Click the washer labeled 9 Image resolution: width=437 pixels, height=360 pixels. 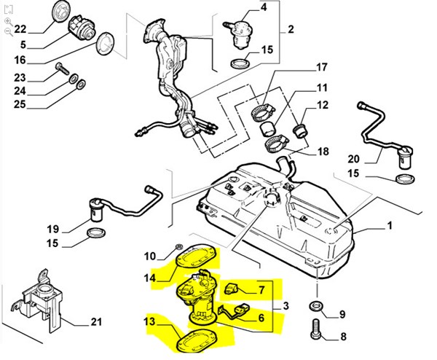point(318,304)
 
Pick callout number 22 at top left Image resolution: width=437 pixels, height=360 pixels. point(20,29)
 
